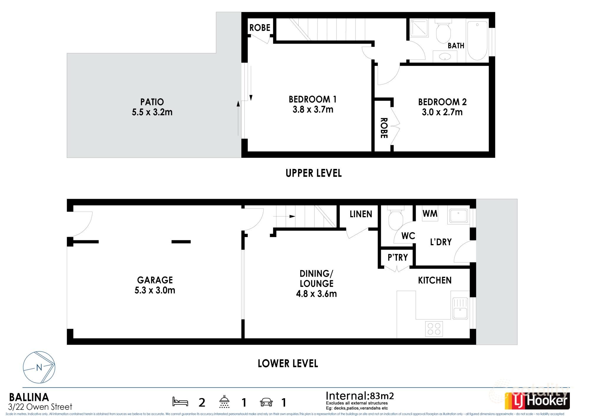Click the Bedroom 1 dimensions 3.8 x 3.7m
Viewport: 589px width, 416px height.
coord(313,110)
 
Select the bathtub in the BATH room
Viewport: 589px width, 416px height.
coord(477,40)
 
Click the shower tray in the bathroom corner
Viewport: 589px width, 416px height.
coord(419,28)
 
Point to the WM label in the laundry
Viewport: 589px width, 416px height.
coord(430,213)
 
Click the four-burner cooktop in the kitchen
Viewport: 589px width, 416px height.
coord(434,329)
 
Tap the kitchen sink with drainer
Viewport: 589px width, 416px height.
coord(460,309)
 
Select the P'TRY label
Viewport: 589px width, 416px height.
coord(398,258)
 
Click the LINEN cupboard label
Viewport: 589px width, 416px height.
coord(361,214)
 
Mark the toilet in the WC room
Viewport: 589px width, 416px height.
coord(396,219)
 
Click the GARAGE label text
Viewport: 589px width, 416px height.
coord(155,280)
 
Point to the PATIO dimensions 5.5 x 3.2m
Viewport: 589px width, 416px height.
coord(152,112)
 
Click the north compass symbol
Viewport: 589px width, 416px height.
coord(39,367)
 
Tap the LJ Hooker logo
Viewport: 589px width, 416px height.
coord(537,401)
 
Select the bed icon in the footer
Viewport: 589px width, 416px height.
coord(180,402)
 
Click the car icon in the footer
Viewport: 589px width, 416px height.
coord(266,402)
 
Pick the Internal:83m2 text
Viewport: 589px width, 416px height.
coord(360,396)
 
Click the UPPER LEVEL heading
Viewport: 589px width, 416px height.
coord(314,173)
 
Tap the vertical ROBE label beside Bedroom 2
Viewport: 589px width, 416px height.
coord(384,128)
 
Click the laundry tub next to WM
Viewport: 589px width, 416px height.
coord(458,216)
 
